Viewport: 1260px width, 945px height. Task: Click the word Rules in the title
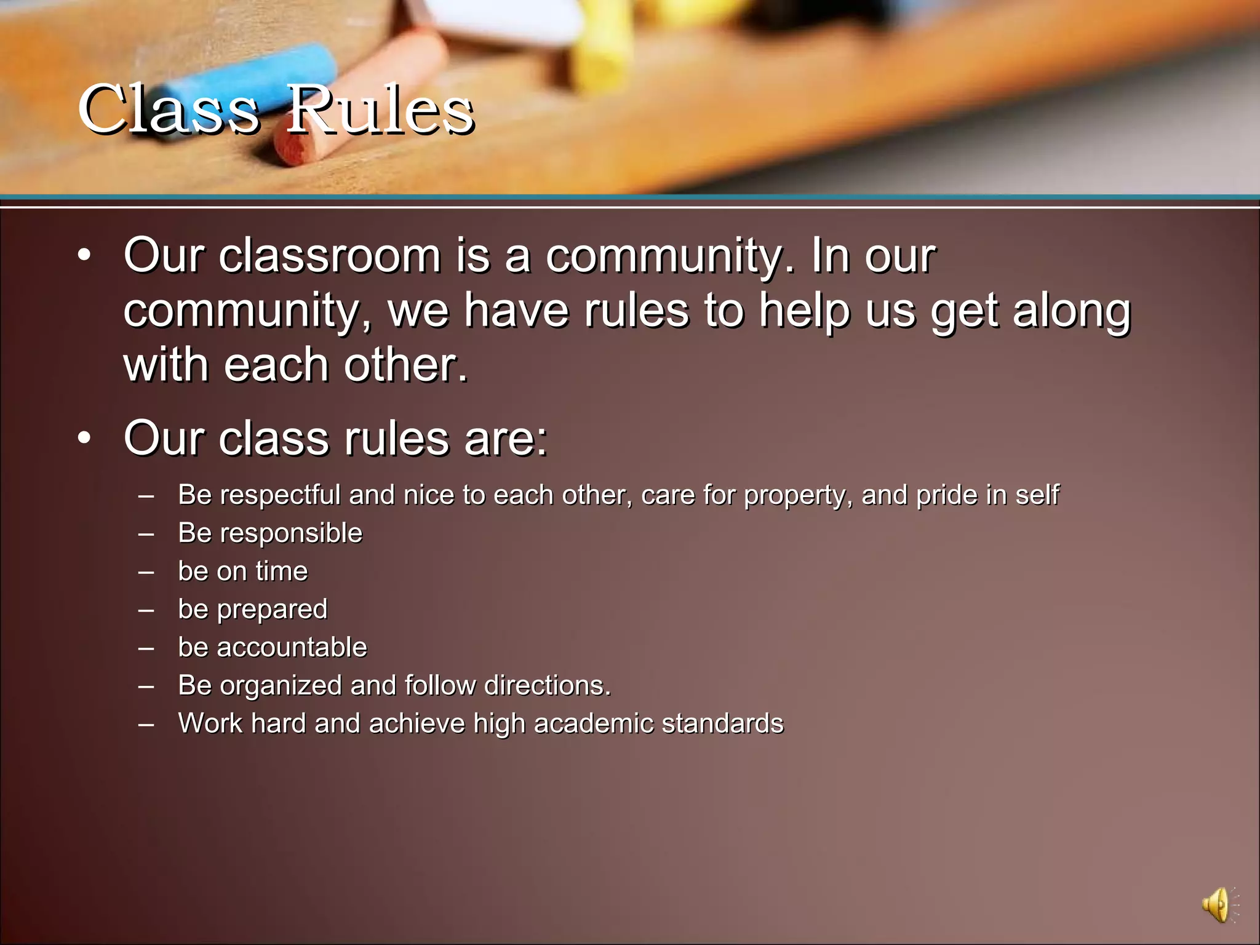[x=380, y=110]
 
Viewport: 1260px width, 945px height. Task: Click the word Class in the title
[x=169, y=110]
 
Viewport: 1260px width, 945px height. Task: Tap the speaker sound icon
[x=1217, y=905]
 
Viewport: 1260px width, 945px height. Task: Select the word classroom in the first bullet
[x=330, y=255]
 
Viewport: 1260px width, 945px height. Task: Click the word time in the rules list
[x=282, y=571]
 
